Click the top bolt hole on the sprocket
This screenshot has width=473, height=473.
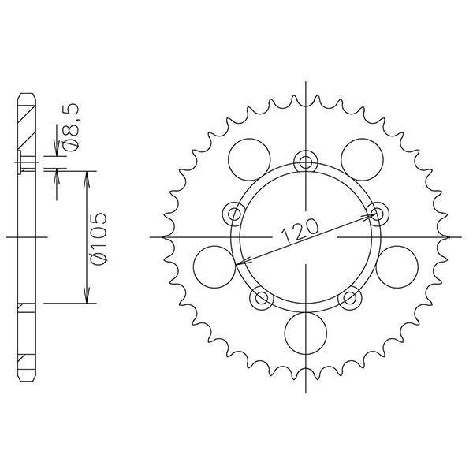pos(304,162)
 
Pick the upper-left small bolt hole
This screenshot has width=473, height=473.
pos(234,212)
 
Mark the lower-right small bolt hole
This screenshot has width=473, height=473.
pos(349,297)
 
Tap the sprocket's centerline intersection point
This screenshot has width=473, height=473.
pos(304,236)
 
